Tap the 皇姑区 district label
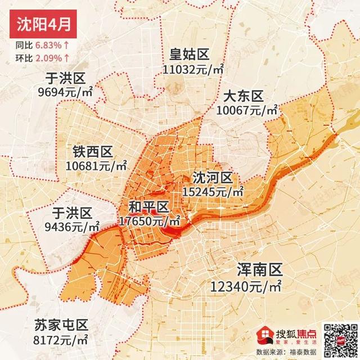pos(190,55)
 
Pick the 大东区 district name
pos(243,94)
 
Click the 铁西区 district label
pos(93,151)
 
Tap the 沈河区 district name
pos(212,178)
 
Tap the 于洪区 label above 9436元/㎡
pos(71,213)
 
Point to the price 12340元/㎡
pos(246,287)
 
